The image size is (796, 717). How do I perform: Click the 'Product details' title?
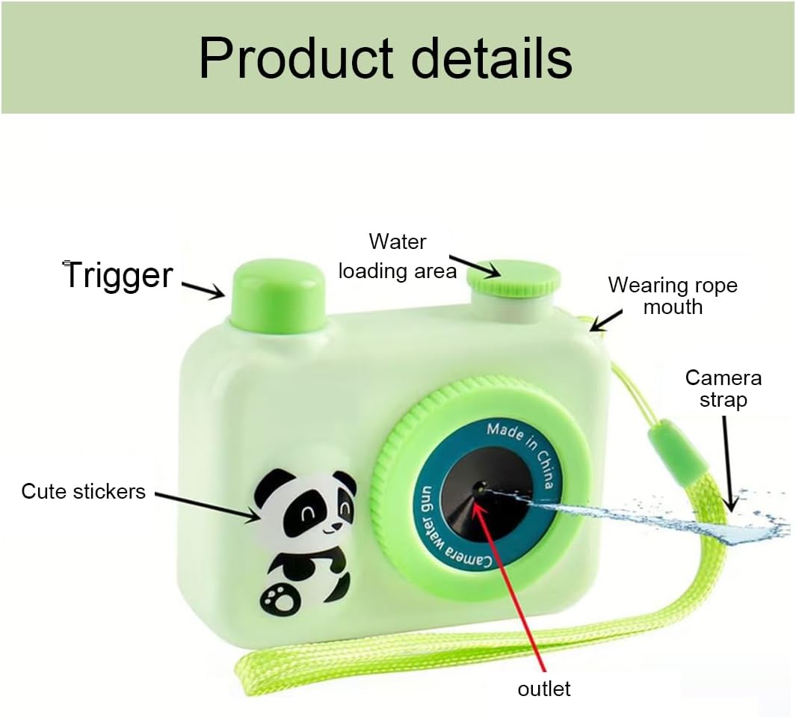385,58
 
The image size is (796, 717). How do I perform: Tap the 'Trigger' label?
119,275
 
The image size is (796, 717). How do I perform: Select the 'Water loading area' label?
397,256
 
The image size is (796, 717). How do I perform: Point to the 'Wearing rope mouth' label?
672,295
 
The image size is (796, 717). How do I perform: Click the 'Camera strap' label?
723,388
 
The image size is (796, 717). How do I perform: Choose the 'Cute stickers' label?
83,491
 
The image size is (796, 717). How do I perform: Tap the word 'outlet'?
544,689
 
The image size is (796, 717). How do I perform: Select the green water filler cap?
513,278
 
